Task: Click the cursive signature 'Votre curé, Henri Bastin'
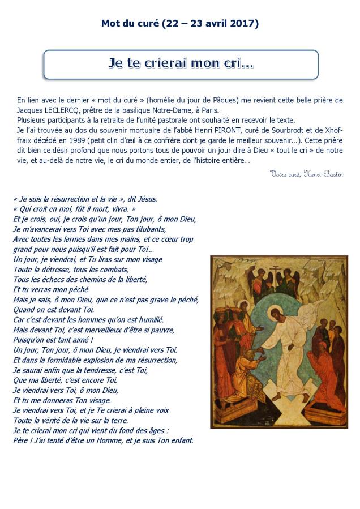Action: click(306, 174)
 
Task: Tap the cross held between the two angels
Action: click(278, 273)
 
